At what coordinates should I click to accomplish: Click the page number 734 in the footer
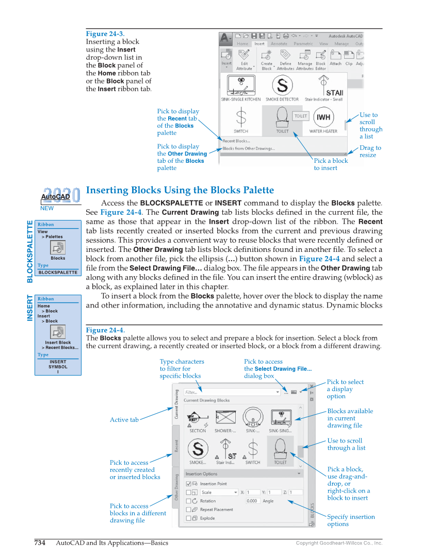click(x=39, y=542)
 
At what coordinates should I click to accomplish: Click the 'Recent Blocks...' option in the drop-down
click(x=236, y=141)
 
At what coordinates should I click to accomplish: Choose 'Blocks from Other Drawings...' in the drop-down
click(x=249, y=148)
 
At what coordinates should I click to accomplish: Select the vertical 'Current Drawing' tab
click(x=176, y=404)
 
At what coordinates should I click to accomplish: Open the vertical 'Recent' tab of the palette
click(x=176, y=446)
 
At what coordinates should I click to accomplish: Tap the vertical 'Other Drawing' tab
click(x=176, y=487)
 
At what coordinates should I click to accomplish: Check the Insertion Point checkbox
click(x=189, y=484)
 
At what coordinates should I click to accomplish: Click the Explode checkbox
click(x=189, y=518)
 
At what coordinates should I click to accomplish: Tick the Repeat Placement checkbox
click(x=189, y=510)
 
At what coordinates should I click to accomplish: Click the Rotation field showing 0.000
click(x=252, y=501)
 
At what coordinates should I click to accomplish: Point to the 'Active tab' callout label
click(x=124, y=420)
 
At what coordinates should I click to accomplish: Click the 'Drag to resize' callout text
click(x=370, y=151)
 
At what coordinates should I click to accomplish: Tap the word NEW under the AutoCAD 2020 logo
click(x=47, y=209)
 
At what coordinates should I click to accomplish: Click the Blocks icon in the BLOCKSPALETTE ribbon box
click(x=58, y=247)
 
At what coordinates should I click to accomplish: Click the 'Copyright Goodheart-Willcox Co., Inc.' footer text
click(x=339, y=543)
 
